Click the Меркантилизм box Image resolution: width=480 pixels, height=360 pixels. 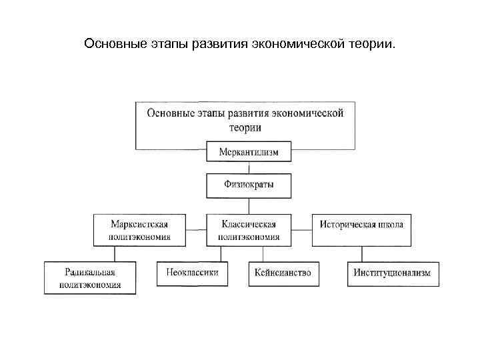249,152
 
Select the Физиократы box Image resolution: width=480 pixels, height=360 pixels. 249,185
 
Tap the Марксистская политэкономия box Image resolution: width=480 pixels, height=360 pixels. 139,230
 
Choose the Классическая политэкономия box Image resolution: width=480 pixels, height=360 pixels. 249,230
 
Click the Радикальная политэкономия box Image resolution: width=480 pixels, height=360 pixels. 90,277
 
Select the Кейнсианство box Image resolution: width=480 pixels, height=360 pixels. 283,273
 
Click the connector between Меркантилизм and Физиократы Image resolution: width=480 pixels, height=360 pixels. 249,168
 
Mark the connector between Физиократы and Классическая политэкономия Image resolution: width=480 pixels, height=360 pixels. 249,206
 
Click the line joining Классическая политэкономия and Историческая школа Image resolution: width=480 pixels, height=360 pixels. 302,230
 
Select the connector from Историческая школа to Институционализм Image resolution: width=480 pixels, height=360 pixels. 361,254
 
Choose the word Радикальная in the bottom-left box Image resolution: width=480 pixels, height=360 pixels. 90,272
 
